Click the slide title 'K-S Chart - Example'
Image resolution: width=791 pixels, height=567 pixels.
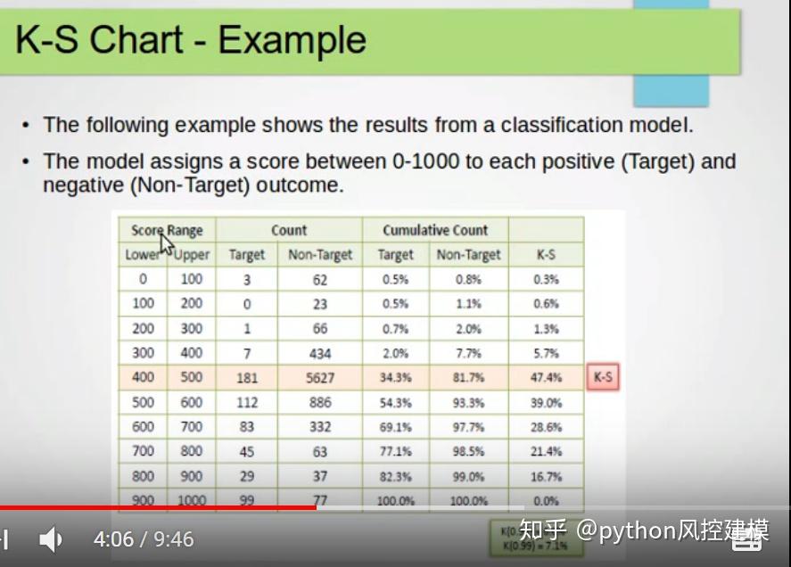click(191, 40)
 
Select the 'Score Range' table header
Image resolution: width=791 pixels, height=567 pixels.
click(167, 230)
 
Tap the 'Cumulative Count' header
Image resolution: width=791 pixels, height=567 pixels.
click(435, 230)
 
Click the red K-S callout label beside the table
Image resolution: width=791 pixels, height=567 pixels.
click(603, 377)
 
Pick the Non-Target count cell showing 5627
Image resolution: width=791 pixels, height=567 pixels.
click(320, 378)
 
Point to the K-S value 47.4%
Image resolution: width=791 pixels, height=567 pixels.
click(546, 378)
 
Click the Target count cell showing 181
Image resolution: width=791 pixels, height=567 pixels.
click(247, 378)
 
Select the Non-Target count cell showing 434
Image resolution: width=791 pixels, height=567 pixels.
click(320, 354)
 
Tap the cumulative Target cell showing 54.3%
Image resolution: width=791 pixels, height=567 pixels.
click(395, 403)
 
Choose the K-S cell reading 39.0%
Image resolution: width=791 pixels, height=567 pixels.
click(546, 403)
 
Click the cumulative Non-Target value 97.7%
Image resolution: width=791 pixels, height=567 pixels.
click(468, 428)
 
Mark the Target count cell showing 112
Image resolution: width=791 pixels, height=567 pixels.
click(247, 403)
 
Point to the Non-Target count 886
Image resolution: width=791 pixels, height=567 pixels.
click(320, 403)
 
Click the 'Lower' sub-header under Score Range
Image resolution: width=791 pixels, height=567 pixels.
click(143, 255)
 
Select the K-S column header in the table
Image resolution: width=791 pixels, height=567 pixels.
click(546, 255)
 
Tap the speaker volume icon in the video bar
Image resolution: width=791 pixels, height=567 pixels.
click(50, 538)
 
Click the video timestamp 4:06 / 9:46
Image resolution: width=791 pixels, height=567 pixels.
click(143, 538)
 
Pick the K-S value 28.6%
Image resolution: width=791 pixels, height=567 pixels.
click(546, 428)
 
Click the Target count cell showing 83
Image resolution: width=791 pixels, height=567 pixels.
click(247, 428)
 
